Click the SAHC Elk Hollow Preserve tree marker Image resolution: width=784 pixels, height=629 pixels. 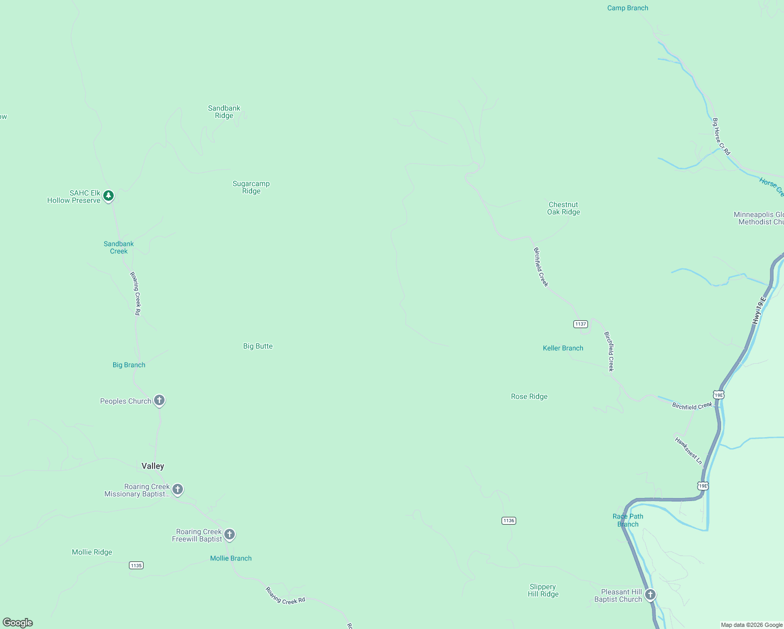(x=108, y=196)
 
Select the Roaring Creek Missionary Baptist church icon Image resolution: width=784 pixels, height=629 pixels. (x=178, y=490)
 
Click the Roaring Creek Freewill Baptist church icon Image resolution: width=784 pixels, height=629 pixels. (x=230, y=535)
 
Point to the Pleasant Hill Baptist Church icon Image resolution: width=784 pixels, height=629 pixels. (x=650, y=594)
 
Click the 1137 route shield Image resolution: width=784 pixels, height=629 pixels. (x=581, y=324)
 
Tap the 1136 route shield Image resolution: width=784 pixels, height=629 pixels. (x=509, y=520)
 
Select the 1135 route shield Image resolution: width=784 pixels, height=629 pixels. (x=136, y=565)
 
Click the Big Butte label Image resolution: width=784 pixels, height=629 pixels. (x=258, y=346)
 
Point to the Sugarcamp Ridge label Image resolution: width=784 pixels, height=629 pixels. (x=251, y=187)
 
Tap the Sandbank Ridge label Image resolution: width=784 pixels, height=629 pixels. (x=224, y=112)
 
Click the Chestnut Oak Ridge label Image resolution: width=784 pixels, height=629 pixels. (x=563, y=208)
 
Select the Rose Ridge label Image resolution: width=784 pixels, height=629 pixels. (x=529, y=396)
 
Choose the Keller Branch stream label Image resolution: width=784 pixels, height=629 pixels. (x=563, y=348)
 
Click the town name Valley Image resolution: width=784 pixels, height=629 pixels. (x=153, y=466)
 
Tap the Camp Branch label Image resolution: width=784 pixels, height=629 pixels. (x=627, y=8)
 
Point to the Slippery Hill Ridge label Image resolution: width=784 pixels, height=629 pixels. (x=543, y=590)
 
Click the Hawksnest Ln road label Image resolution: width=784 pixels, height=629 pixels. (x=689, y=450)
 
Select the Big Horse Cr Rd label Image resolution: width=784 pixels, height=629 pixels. (x=721, y=136)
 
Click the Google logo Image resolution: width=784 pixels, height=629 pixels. (x=18, y=623)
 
